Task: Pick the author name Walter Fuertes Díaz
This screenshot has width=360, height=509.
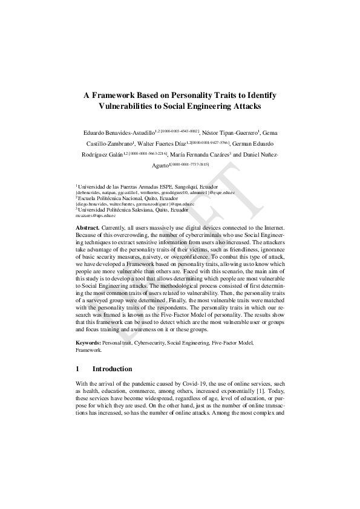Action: tap(173, 143)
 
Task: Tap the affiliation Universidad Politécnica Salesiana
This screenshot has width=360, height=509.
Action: tap(128, 209)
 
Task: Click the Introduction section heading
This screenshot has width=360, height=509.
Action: tap(112, 369)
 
